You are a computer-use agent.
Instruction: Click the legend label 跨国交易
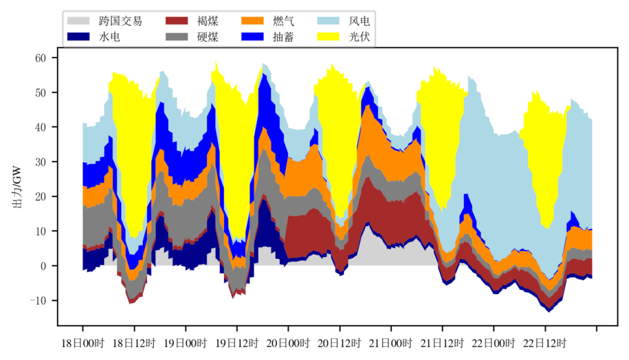[x=120, y=22]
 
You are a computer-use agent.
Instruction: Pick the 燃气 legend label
[x=284, y=22]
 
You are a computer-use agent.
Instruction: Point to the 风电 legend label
[x=359, y=22]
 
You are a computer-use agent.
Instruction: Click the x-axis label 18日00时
[x=82, y=344]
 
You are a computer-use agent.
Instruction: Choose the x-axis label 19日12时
[x=236, y=344]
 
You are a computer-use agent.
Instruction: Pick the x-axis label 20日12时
[x=339, y=344]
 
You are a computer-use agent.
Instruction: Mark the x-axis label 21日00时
[x=391, y=344]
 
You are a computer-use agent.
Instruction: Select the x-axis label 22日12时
[x=545, y=344]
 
